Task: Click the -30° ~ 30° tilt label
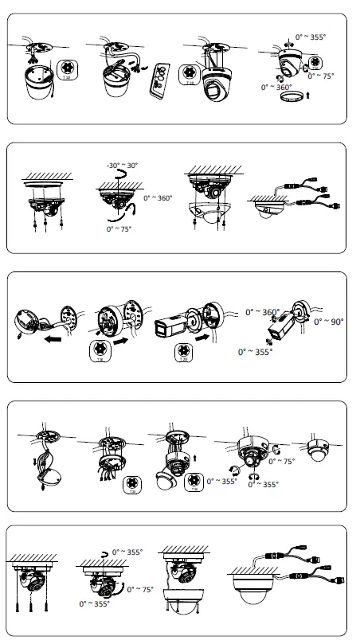tap(121, 166)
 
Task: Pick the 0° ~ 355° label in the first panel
tap(311, 37)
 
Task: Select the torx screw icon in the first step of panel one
tap(66, 69)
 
